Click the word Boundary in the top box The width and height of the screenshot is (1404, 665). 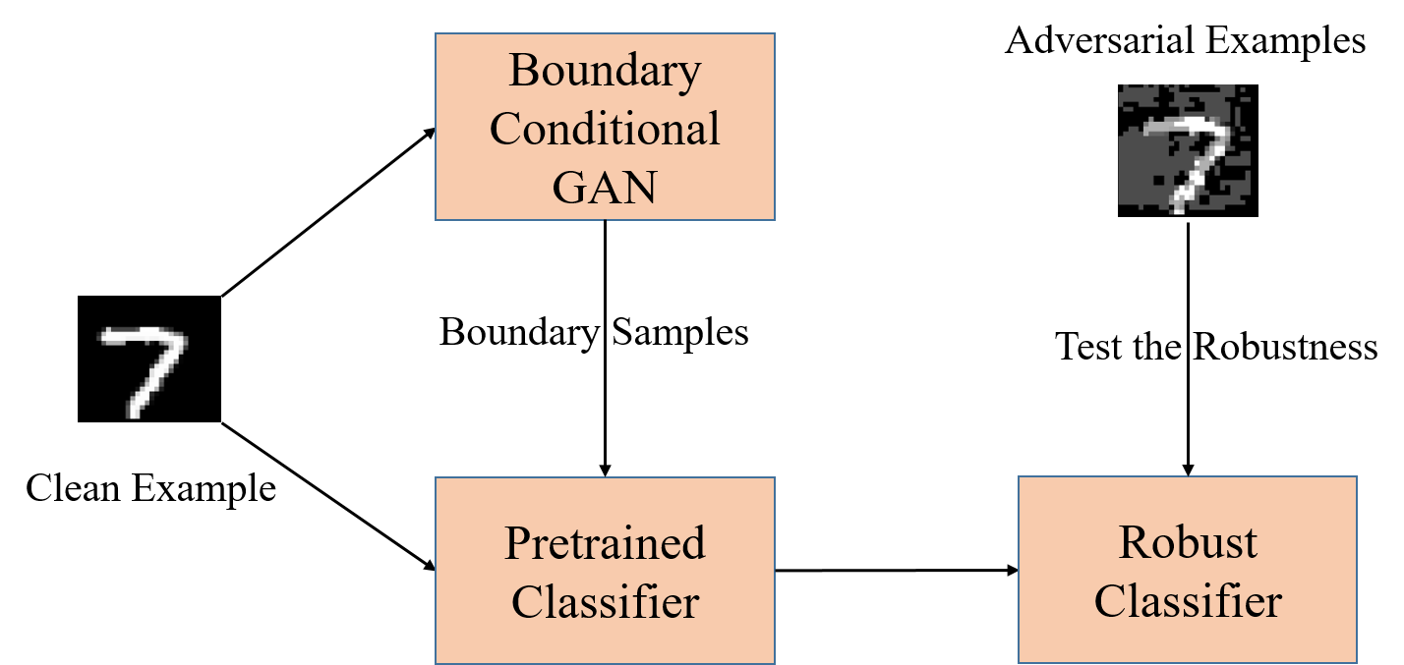click(605, 72)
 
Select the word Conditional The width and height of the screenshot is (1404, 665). click(605, 129)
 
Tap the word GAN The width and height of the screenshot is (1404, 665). click(605, 186)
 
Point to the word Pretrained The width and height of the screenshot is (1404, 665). click(605, 543)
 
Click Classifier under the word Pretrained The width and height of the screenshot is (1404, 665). click(605, 601)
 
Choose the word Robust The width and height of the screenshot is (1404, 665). click(1188, 542)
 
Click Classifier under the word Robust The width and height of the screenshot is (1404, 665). click(1188, 601)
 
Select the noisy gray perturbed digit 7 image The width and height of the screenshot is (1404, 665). click(1184, 147)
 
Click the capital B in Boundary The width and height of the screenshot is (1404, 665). click(524, 72)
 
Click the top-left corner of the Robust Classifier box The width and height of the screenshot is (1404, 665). click(1019, 477)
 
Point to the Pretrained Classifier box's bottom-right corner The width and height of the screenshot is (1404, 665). click(775, 663)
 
